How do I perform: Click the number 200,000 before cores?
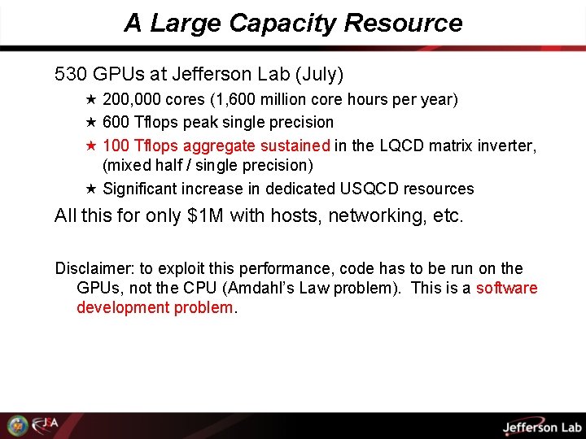coord(132,100)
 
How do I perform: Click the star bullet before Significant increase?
coord(91,189)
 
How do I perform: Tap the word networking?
coord(371,216)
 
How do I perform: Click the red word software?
coord(507,289)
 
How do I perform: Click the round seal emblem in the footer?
coord(17,425)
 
